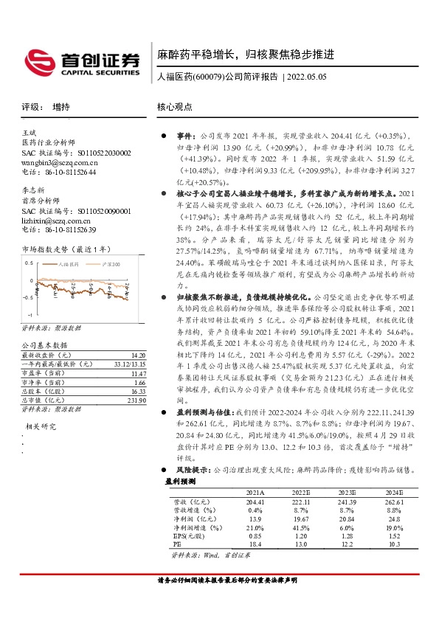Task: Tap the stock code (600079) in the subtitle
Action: pyautogui.click(x=210, y=77)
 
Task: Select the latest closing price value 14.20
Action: pyautogui.click(x=136, y=354)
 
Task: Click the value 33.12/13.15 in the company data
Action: pyautogui.click(x=128, y=364)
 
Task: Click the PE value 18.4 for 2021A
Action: pyautogui.click(x=256, y=544)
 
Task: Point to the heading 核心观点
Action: pyautogui.click(x=175, y=106)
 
